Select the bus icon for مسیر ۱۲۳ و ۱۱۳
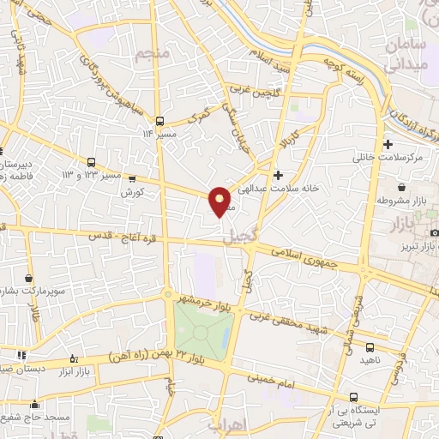point(91,161)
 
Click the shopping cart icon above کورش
point(131,179)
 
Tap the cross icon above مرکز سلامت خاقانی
point(388,144)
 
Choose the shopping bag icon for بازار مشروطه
point(401,188)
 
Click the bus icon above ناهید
point(370,347)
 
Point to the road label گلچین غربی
point(250,87)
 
